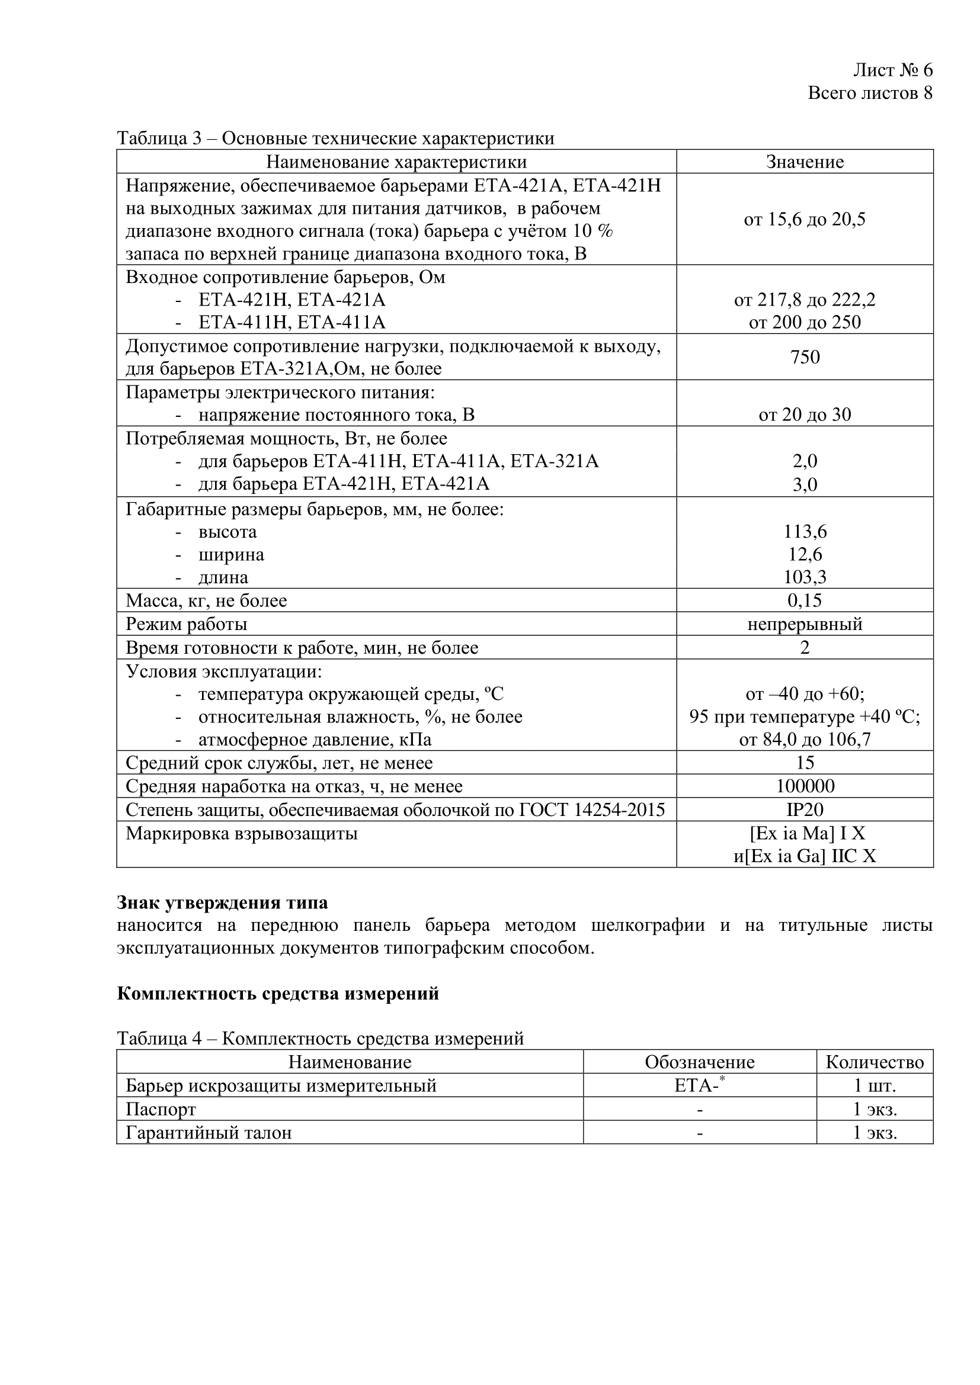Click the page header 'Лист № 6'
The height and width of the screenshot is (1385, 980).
(892, 70)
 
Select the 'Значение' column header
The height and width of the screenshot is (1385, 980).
(805, 162)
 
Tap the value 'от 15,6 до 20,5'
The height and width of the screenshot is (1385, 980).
(805, 220)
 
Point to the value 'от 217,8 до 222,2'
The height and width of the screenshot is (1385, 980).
(805, 300)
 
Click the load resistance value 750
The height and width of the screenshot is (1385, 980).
(805, 357)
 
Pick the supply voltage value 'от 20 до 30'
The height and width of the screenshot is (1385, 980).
(805, 415)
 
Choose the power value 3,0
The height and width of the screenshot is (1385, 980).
(805, 484)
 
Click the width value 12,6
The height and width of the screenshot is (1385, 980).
(805, 554)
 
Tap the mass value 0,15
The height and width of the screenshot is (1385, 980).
(805, 600)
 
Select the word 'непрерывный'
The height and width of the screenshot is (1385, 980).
(805, 624)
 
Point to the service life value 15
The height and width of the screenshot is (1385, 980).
(805, 763)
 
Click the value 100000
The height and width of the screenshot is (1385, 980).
(805, 786)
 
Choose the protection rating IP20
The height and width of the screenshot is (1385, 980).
(805, 809)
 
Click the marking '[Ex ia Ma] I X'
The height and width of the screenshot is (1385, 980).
(807, 834)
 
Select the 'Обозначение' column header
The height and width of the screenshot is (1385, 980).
(699, 1062)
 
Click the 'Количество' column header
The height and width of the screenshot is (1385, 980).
(875, 1062)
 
